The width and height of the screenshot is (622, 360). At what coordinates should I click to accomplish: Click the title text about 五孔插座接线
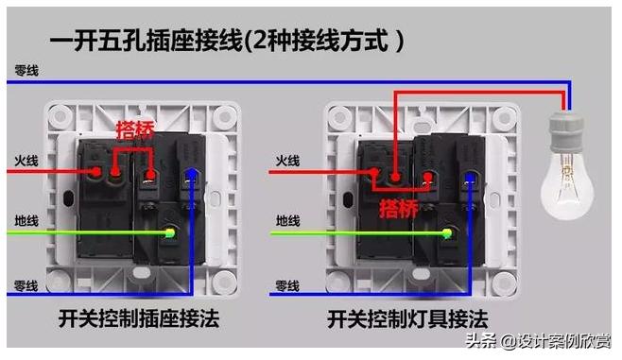(x=228, y=41)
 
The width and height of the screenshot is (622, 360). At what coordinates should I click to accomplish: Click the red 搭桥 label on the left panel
(x=134, y=129)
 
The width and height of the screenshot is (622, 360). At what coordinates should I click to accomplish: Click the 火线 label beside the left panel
(x=26, y=160)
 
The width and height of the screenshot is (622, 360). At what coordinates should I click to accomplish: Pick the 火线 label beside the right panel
(x=287, y=162)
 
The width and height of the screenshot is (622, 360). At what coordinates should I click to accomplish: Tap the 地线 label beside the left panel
(x=26, y=221)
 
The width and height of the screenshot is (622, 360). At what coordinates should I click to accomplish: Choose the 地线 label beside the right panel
(x=287, y=222)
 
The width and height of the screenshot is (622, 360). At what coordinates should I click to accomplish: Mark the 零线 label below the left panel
(x=26, y=285)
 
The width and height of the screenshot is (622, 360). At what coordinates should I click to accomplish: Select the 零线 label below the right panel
(x=287, y=285)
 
